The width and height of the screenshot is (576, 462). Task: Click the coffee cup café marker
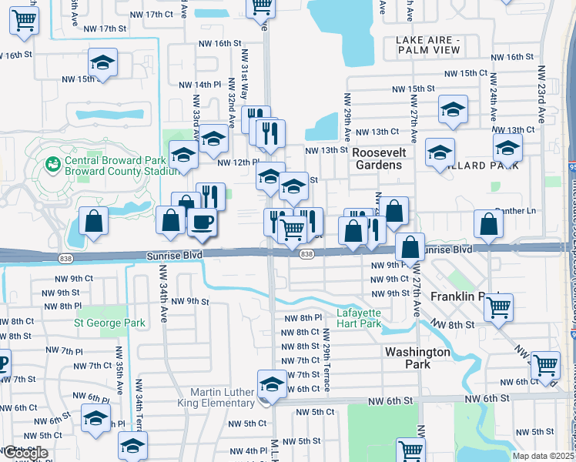202,223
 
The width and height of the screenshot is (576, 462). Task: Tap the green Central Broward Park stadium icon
52,164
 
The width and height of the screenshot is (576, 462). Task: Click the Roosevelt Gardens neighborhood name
377,159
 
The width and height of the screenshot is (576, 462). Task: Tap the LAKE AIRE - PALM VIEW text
427,45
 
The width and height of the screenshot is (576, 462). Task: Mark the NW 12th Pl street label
236,162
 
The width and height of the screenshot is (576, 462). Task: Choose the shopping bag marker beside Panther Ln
488,224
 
